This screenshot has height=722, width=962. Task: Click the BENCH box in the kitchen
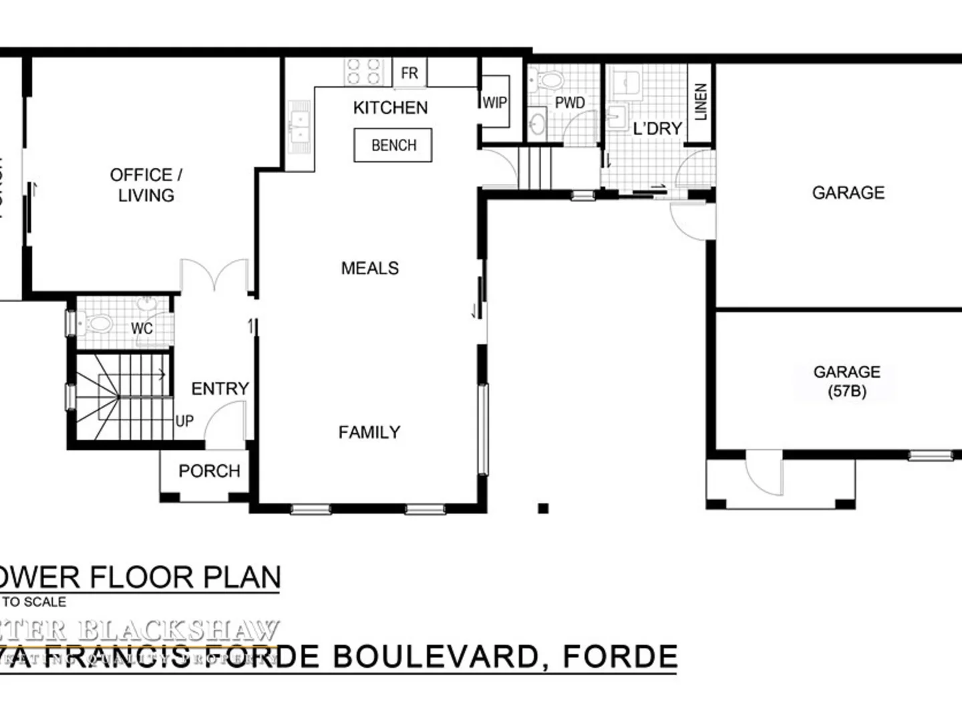pos(393,145)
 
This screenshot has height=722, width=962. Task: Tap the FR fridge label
pos(410,73)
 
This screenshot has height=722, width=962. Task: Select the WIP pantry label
pos(494,102)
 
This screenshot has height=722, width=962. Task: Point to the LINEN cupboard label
pos(700,102)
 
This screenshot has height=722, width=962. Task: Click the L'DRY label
pos(657,128)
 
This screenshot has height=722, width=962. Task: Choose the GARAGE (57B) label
pos(846,381)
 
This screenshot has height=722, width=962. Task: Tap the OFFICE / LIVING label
pos(146,185)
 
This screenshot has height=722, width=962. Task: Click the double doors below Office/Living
pos(214,274)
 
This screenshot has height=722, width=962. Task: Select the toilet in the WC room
pos(98,325)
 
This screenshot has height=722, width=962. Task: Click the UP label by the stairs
pos(184,421)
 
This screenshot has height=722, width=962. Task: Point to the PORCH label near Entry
pos(209,471)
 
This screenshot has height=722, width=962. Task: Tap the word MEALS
pos(369,268)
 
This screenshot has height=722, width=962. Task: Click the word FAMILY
pos(369,433)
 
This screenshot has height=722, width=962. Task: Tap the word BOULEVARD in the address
pos(435,656)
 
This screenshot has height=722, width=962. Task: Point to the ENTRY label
pos(220,388)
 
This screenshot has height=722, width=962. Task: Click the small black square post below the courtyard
pos(543,508)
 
